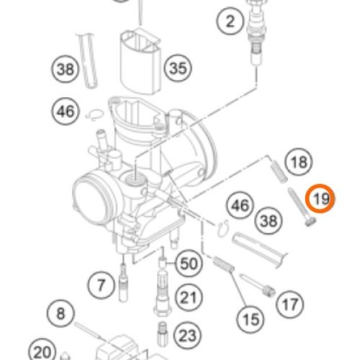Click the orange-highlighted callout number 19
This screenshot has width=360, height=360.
[320, 199]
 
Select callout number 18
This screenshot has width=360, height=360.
[299, 162]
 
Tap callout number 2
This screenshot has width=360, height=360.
[230, 21]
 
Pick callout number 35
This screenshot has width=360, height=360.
[178, 68]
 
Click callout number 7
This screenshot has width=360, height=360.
[101, 285]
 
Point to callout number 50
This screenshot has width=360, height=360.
[189, 264]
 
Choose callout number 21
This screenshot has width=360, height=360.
[189, 297]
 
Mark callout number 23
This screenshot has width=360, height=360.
[187, 336]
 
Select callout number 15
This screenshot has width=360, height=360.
[251, 320]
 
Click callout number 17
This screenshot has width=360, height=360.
[290, 305]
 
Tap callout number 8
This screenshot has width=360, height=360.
[60, 313]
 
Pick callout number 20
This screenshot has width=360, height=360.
[42, 351]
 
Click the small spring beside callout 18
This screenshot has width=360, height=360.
[279, 171]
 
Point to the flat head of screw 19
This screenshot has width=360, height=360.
[311, 221]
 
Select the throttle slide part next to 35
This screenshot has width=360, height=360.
[140, 63]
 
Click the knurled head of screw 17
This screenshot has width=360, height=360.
[269, 292]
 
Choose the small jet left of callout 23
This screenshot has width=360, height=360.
[163, 334]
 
